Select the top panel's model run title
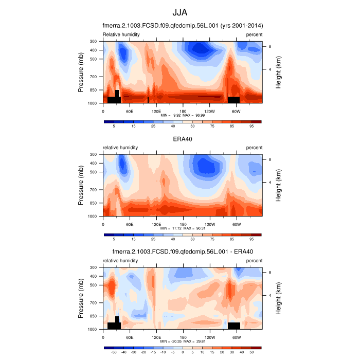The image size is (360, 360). [x=183, y=26]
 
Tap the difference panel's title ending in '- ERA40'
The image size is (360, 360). [x=183, y=252]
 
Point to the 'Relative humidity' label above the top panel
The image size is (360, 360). [x=121, y=34]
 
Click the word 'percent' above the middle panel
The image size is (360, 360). [x=254, y=148]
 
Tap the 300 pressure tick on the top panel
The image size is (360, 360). [x=94, y=41]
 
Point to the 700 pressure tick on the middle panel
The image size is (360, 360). [x=94, y=190]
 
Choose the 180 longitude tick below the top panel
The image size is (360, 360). [x=183, y=111]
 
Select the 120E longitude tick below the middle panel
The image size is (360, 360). [x=156, y=224]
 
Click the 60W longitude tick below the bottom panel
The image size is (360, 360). [x=236, y=337]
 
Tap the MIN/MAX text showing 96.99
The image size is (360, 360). [x=183, y=115]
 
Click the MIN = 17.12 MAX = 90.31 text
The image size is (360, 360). [x=183, y=228]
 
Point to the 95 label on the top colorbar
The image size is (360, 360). [x=252, y=125]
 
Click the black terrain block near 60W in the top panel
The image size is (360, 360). [x=233, y=99]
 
